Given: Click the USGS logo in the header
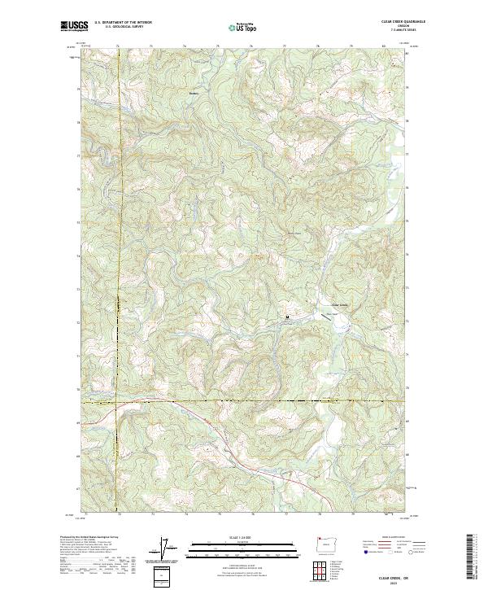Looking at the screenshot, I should coord(75,26).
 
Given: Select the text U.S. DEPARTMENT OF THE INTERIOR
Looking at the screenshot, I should coord(123,23).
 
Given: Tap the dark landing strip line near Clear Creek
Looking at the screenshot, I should coord(331,314).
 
